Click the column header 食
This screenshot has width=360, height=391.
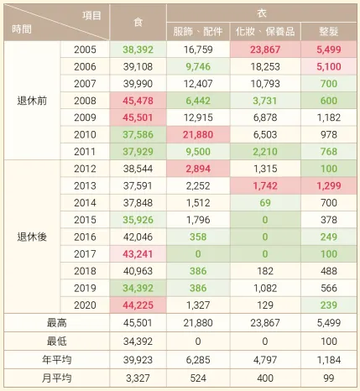click(138, 21)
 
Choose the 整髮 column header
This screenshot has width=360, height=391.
click(329, 30)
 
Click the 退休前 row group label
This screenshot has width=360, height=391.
click(32, 100)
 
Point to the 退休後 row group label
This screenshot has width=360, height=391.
click(32, 237)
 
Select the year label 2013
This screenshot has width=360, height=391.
click(85, 185)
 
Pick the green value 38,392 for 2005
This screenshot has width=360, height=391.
click(138, 49)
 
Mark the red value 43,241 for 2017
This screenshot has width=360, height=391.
click(138, 253)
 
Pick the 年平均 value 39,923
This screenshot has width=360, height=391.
click(138, 357)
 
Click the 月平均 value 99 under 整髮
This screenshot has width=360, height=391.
click(329, 373)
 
